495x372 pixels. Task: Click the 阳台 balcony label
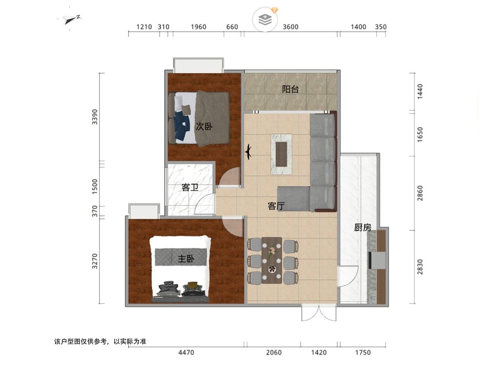click(290, 89)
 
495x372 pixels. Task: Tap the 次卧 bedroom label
click(204, 126)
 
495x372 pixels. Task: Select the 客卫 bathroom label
click(190, 187)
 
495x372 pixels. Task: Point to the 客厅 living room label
click(276, 206)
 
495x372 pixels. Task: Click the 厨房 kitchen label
click(363, 227)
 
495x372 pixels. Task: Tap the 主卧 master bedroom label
click(186, 259)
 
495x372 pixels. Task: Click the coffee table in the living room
click(281, 154)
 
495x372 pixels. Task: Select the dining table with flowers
click(272, 260)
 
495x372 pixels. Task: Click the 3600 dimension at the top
click(290, 27)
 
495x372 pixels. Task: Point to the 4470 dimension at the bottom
click(186, 353)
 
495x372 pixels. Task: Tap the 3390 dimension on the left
click(95, 117)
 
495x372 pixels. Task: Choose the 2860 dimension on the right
click(420, 193)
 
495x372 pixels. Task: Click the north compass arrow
click(71, 19)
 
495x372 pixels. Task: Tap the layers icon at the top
click(265, 19)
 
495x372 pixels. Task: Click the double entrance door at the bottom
click(319, 312)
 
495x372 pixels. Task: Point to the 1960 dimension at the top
click(198, 27)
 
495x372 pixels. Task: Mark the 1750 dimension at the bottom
click(363, 353)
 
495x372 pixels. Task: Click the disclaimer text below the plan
click(100, 341)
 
